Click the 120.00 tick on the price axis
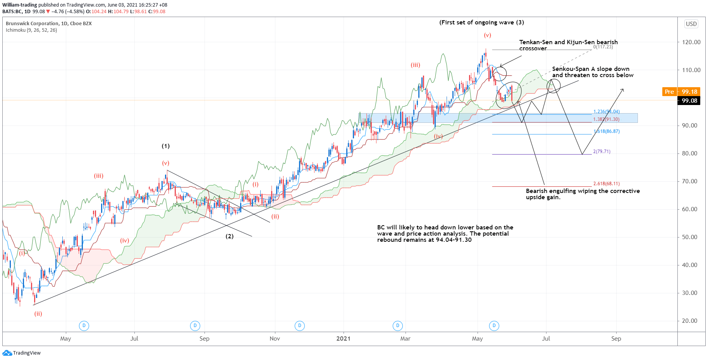click(691, 42)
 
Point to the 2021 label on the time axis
click(343, 339)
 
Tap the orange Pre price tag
click(669, 92)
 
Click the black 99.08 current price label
click(689, 101)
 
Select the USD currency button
click(691, 24)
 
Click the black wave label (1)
click(166, 146)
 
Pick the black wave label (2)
click(230, 236)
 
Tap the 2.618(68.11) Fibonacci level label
click(606, 184)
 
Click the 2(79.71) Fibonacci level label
click(601, 152)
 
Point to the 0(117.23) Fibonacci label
click(603, 47)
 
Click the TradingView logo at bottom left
click(22, 353)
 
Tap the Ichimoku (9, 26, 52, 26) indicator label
click(31, 30)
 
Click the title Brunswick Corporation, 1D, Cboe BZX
click(49, 24)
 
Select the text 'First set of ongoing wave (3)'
click(481, 22)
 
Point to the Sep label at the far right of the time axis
click(616, 339)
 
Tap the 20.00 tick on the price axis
click(691, 321)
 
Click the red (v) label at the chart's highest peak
click(487, 35)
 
